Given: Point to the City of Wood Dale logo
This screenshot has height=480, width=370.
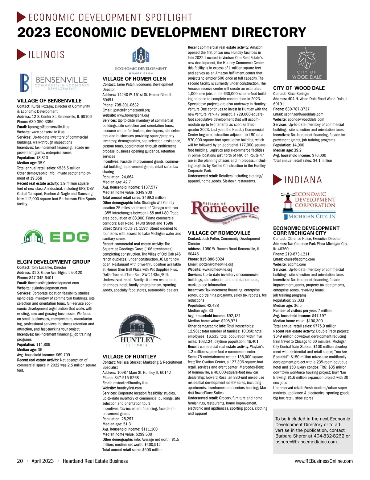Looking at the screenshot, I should click(x=307, y=63).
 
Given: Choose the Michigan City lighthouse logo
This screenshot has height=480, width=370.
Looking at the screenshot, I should click(x=308, y=205).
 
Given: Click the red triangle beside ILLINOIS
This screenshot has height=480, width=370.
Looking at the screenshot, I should click(x=21, y=55).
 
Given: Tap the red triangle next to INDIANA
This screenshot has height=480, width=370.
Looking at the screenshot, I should click(x=277, y=180).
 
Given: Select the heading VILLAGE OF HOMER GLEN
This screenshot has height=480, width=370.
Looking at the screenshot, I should click(x=134, y=79).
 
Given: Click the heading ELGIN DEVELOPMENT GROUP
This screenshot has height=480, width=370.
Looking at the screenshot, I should click(x=54, y=262).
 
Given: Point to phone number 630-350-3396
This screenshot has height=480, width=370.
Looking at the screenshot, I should click(x=41, y=122).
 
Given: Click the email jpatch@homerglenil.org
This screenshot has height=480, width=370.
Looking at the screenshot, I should click(x=131, y=110).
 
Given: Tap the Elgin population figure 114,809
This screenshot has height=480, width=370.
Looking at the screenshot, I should click(x=43, y=344).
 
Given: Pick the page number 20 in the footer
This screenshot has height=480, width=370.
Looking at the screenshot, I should click(x=20, y=461).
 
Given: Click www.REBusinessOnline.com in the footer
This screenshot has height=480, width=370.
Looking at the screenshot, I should click(x=323, y=461).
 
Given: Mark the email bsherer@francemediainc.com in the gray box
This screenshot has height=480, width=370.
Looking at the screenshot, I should click(x=306, y=442).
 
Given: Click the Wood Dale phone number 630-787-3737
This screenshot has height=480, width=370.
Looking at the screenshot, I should click(x=298, y=109).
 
